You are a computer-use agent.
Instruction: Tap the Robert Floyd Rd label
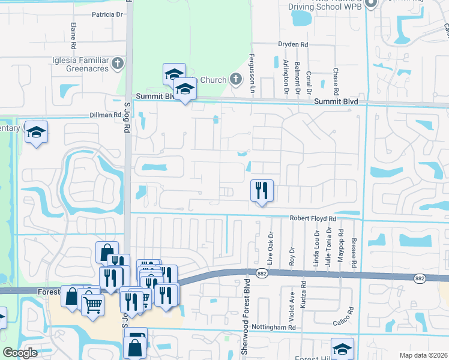pos(313,219)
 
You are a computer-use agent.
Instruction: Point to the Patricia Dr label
pos(107,14)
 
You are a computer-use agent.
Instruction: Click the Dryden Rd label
pos(292,44)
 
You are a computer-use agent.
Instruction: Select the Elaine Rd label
pos(73,36)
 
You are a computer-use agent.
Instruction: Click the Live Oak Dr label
pos(271,248)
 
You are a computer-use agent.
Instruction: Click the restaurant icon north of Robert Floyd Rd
pos(262,191)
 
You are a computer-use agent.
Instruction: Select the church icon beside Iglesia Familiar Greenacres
pos(118,63)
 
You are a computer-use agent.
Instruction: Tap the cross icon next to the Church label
pos(235,79)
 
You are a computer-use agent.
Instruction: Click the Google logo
pos(20,353)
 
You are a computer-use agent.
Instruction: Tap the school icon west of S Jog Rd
pos(36,132)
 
